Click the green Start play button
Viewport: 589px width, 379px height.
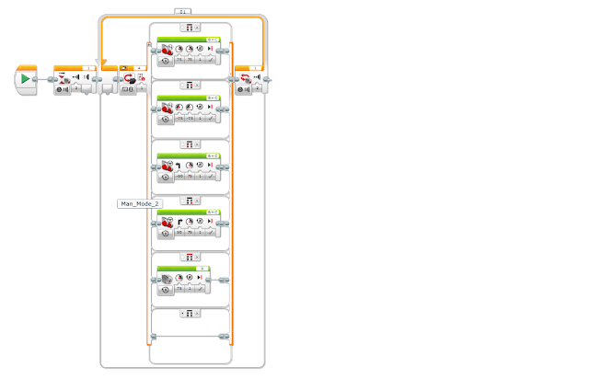[25, 79]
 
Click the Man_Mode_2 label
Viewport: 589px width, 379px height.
[139, 203]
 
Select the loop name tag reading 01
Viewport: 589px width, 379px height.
[183, 11]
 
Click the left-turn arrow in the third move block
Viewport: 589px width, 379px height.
[179, 166]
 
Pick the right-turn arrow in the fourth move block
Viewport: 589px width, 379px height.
[179, 223]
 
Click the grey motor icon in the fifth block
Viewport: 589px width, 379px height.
[167, 280]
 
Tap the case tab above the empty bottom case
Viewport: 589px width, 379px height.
[191, 315]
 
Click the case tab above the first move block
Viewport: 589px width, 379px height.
[191, 29]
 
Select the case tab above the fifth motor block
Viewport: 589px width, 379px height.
[191, 258]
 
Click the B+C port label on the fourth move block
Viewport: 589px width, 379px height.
[213, 212]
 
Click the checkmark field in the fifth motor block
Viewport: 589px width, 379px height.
[201, 290]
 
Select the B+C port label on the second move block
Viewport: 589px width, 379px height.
[213, 97]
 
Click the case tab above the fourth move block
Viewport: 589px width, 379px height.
[191, 201]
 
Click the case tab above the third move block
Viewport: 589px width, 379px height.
[191, 144]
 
